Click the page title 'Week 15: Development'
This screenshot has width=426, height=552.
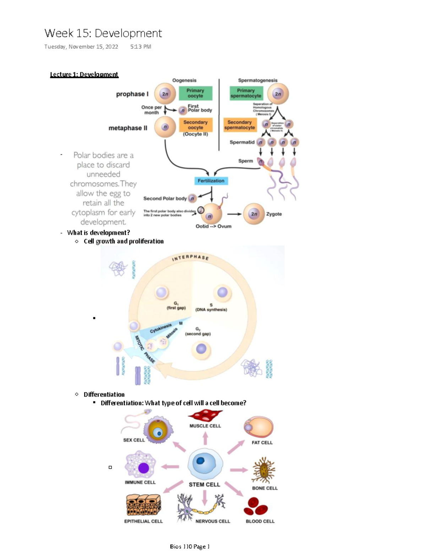(x=103, y=33)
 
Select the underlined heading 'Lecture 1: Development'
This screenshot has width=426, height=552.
(x=84, y=74)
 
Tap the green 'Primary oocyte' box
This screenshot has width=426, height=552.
(x=195, y=93)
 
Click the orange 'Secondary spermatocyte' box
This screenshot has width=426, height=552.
(x=240, y=125)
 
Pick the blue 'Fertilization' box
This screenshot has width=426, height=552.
(x=211, y=181)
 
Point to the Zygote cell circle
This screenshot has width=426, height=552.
(x=254, y=214)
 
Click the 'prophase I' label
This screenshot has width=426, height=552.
(x=132, y=94)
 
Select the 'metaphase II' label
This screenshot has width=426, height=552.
(x=128, y=128)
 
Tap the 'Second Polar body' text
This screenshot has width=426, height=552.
(x=165, y=199)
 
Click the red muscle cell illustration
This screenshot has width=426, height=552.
(x=205, y=415)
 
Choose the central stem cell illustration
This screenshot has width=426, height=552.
(x=205, y=463)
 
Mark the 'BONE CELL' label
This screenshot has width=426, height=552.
(x=265, y=488)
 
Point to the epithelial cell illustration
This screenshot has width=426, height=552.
(x=143, y=505)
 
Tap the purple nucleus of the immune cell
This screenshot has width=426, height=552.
(x=143, y=468)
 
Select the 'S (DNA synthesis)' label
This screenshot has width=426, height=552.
(x=211, y=308)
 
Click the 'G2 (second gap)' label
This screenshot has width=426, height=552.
(x=198, y=332)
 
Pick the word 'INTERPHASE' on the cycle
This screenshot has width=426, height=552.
(x=190, y=258)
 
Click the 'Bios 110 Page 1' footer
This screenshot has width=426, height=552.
(x=190, y=546)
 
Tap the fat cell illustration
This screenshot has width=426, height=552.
(x=259, y=427)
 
